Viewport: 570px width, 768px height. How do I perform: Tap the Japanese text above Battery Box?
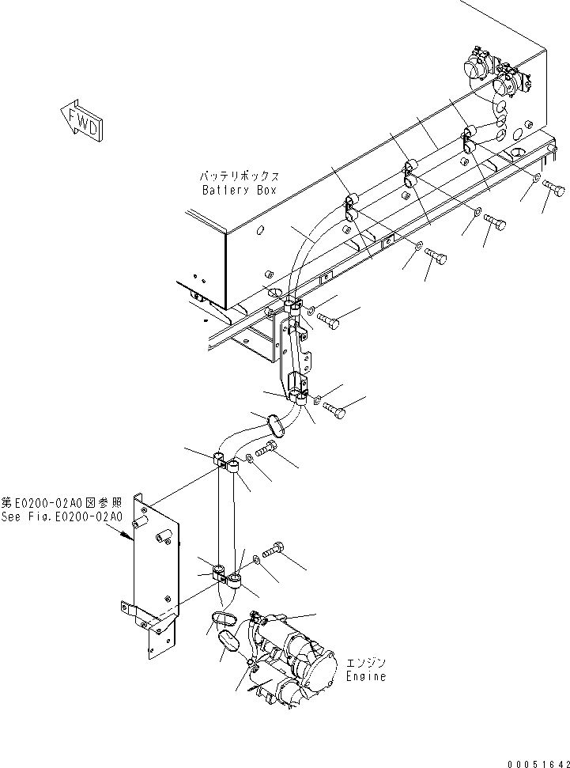pos(238,176)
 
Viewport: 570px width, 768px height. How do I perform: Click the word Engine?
pos(366,677)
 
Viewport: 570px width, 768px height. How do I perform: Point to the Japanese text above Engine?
pos(366,664)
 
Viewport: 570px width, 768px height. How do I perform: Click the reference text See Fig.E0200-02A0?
pos(62,516)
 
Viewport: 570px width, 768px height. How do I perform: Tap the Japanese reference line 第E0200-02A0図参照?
pos(62,503)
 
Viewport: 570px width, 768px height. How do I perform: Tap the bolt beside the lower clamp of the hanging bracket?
pos(333,410)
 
